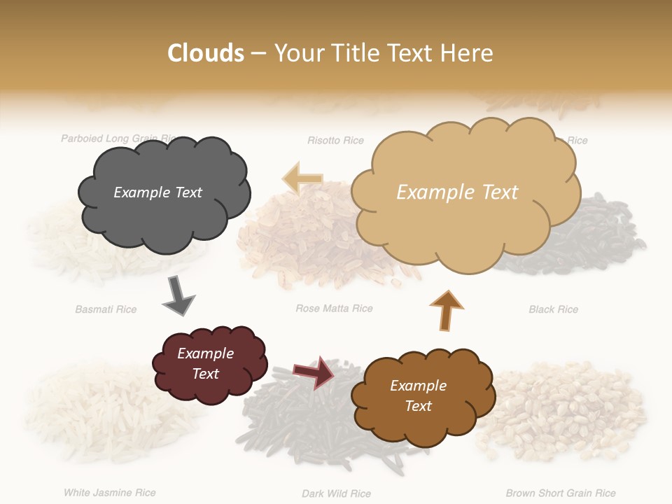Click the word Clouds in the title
(206, 53)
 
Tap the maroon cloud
(209, 363)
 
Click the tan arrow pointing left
(302, 179)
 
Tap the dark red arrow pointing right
(313, 372)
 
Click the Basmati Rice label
(106, 309)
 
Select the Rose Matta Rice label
(334, 308)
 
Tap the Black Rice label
(553, 309)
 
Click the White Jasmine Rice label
(109, 493)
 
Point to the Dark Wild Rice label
(336, 493)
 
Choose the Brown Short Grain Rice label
(561, 493)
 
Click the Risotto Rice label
(335, 141)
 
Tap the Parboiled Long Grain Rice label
(115, 139)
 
